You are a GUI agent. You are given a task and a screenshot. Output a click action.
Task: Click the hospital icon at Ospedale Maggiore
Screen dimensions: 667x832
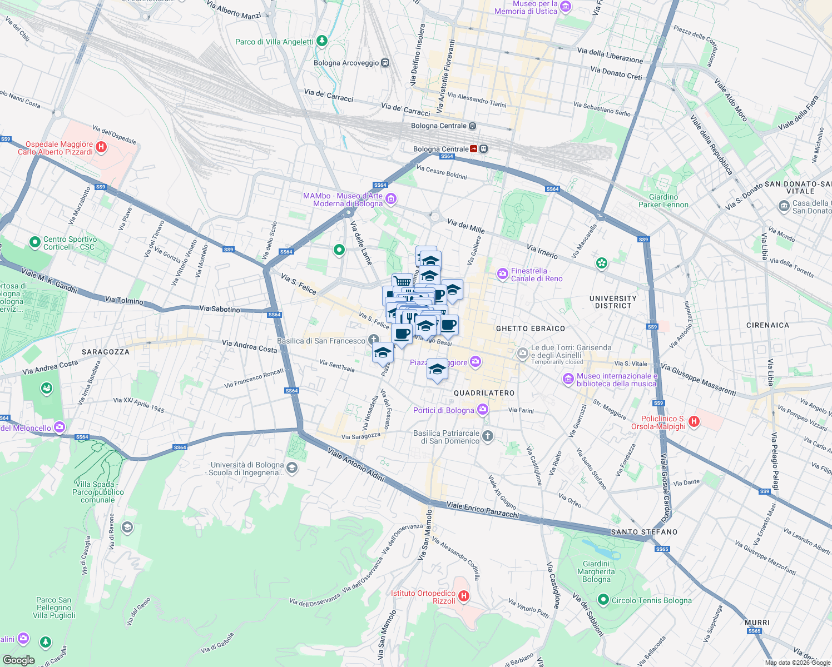(x=101, y=147)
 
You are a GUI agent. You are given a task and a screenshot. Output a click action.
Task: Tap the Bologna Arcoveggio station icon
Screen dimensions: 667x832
(x=385, y=63)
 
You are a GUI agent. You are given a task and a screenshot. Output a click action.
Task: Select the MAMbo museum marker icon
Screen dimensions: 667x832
(x=391, y=199)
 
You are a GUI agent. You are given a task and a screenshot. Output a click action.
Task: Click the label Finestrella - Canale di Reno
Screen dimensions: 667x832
(x=536, y=275)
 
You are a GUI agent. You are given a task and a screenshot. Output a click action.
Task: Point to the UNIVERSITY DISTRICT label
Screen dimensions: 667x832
(x=613, y=302)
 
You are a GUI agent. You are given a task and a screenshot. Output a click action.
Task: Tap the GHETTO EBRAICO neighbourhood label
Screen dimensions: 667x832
(x=530, y=328)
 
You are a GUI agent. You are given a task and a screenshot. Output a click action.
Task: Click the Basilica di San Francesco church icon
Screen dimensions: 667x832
(x=374, y=340)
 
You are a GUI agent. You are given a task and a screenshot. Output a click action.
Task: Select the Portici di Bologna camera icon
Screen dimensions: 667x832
(x=483, y=410)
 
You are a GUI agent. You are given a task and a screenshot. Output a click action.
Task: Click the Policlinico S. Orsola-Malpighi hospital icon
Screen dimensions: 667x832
(x=694, y=421)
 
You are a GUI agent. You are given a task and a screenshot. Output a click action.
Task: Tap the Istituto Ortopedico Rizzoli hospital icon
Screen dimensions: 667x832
(x=463, y=596)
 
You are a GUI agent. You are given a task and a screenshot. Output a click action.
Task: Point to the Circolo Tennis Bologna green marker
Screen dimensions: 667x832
(x=603, y=600)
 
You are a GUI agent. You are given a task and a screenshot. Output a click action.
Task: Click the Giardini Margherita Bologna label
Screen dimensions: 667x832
(x=596, y=571)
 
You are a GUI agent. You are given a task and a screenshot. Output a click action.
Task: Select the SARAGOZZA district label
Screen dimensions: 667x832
(x=105, y=352)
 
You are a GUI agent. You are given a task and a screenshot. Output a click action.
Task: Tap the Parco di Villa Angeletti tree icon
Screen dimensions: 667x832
(x=321, y=41)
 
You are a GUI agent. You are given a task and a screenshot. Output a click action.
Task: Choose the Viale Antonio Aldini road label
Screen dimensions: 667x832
(x=356, y=464)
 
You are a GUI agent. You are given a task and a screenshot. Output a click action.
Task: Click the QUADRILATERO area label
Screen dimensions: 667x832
(x=484, y=393)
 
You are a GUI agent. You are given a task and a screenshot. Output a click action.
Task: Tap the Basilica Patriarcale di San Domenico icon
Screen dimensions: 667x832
(x=488, y=436)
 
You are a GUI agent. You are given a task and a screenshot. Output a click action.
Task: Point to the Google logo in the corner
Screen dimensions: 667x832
(x=18, y=660)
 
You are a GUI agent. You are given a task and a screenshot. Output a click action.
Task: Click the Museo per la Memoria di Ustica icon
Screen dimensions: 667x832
(x=566, y=7)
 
